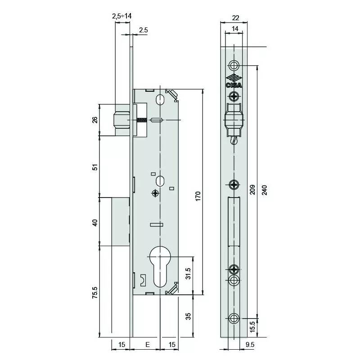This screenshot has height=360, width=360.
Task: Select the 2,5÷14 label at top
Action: click(121, 16)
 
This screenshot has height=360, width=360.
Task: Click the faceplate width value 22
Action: click(235, 18)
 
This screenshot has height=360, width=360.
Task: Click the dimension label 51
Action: click(95, 166)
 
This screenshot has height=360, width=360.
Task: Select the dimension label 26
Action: click(95, 120)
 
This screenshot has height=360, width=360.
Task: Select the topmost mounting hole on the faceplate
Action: click(234, 65)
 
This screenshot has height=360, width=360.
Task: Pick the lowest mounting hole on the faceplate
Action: click(234, 318)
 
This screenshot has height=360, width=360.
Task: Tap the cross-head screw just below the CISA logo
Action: click(234, 95)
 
